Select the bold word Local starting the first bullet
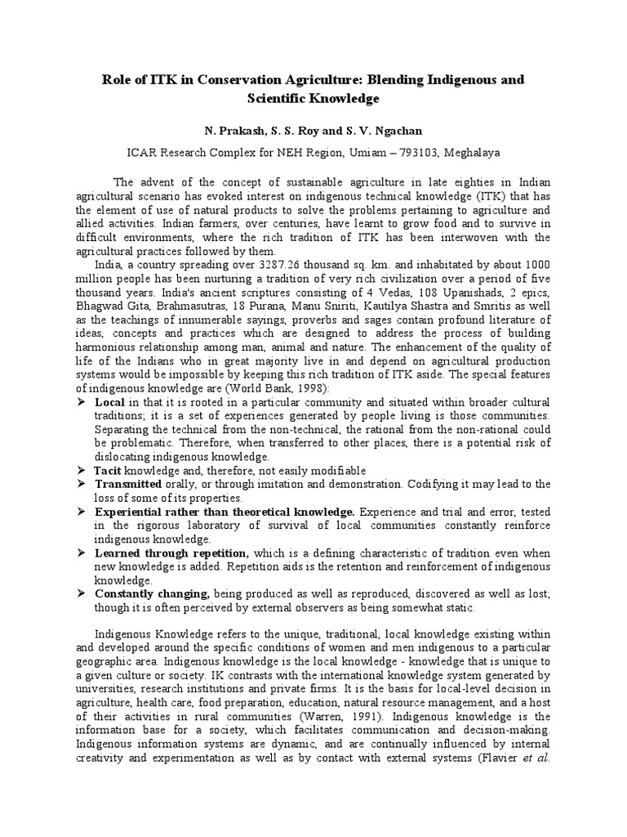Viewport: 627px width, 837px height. (109, 403)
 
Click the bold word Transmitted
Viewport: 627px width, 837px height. (127, 485)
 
